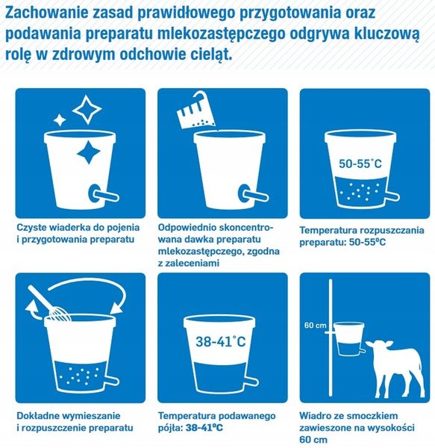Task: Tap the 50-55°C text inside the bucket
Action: pos(361,163)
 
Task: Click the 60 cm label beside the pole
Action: pos(314,326)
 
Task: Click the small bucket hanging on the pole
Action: pos(347,337)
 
